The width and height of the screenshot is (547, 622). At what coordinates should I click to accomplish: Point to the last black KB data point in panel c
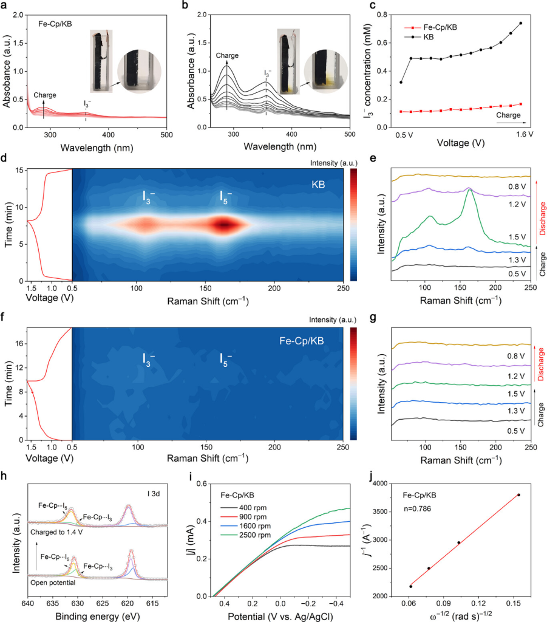(x=520, y=23)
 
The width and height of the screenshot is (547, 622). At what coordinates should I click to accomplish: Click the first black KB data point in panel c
(x=401, y=82)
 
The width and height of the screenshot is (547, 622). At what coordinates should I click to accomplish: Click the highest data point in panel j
(x=518, y=494)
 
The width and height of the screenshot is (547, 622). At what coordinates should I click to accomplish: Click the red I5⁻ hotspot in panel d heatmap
(x=225, y=225)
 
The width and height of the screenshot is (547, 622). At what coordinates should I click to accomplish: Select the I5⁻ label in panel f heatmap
(x=225, y=358)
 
